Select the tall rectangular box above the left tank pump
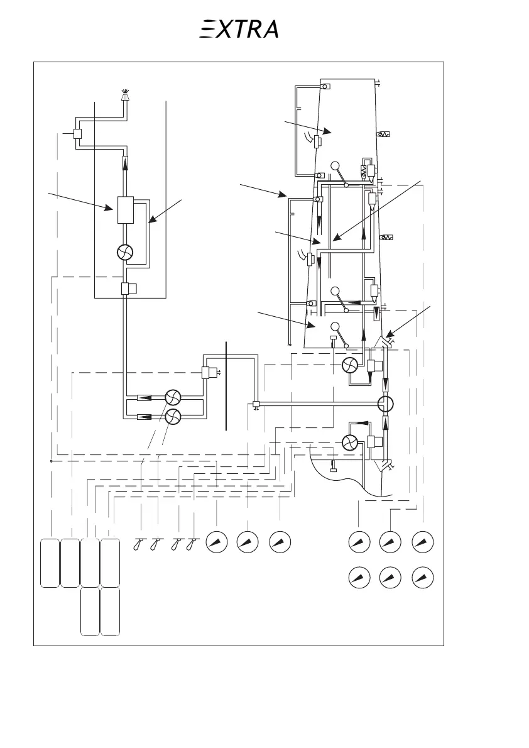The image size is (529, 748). tap(126, 210)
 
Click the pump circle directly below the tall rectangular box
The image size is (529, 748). tap(126, 252)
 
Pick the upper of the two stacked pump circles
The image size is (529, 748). tap(172, 398)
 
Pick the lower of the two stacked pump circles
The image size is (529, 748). tap(172, 415)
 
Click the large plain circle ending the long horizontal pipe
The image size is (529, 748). tap(385, 403)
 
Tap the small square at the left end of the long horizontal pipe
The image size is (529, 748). tap(256, 404)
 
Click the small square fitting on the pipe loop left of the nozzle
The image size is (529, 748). tap(79, 134)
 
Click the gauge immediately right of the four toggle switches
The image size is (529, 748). tap(217, 542)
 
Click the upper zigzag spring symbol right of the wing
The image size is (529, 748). tap(383, 135)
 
